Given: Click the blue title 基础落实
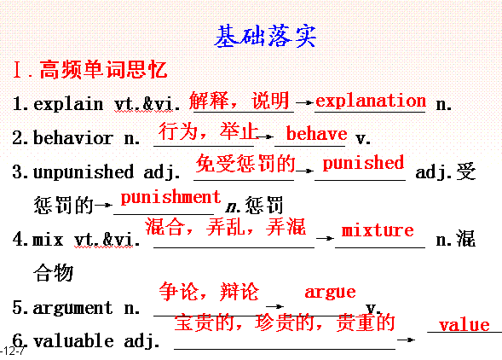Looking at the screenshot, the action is [x=265, y=36].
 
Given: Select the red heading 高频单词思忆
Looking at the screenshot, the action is [x=103, y=69].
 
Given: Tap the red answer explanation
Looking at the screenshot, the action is [x=371, y=101].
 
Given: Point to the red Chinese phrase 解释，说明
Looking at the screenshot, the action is [x=239, y=101].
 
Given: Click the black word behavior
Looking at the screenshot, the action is [x=73, y=138].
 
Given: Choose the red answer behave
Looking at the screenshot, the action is [x=317, y=133].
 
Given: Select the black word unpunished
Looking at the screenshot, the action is [x=84, y=171].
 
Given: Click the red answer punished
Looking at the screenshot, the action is [x=363, y=163].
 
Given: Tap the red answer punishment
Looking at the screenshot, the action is [x=170, y=197].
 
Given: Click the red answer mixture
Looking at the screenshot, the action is [x=378, y=230].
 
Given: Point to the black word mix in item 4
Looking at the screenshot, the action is [x=48, y=240].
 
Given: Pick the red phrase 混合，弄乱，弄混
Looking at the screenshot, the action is [x=226, y=227].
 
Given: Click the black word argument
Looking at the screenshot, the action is [x=72, y=308].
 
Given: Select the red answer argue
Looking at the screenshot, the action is [x=330, y=293].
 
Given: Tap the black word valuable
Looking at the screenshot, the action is [x=73, y=340].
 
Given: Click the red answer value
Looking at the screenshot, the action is [x=464, y=325].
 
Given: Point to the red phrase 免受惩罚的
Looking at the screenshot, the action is [x=245, y=163].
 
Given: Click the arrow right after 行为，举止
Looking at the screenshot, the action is [x=265, y=137].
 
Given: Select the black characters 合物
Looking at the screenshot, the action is [x=53, y=273].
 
